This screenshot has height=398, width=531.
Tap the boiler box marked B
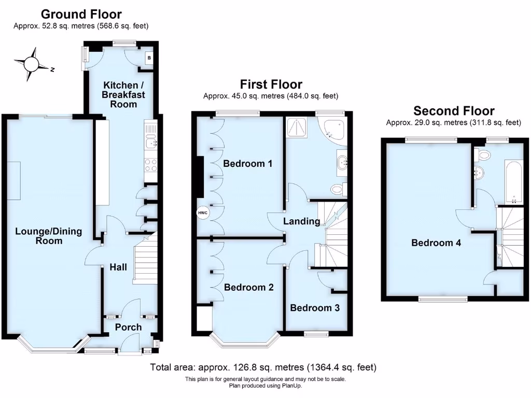point(149,58)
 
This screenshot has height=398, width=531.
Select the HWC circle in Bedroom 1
point(202,213)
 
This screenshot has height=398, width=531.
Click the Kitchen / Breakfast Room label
point(120,94)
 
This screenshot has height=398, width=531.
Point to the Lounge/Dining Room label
point(48,236)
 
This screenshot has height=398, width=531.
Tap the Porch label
point(128,327)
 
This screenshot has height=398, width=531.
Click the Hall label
point(118,267)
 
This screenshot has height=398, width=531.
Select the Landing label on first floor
point(301,221)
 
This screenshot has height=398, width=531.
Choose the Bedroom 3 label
point(315,308)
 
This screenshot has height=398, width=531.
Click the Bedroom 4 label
point(436,243)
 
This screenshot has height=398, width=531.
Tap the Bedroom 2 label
point(248,287)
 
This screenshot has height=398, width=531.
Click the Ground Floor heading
point(81,14)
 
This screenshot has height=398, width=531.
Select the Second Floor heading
point(453,110)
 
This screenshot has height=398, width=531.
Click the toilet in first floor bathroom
point(338,189)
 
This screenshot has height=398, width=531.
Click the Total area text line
point(263,367)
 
